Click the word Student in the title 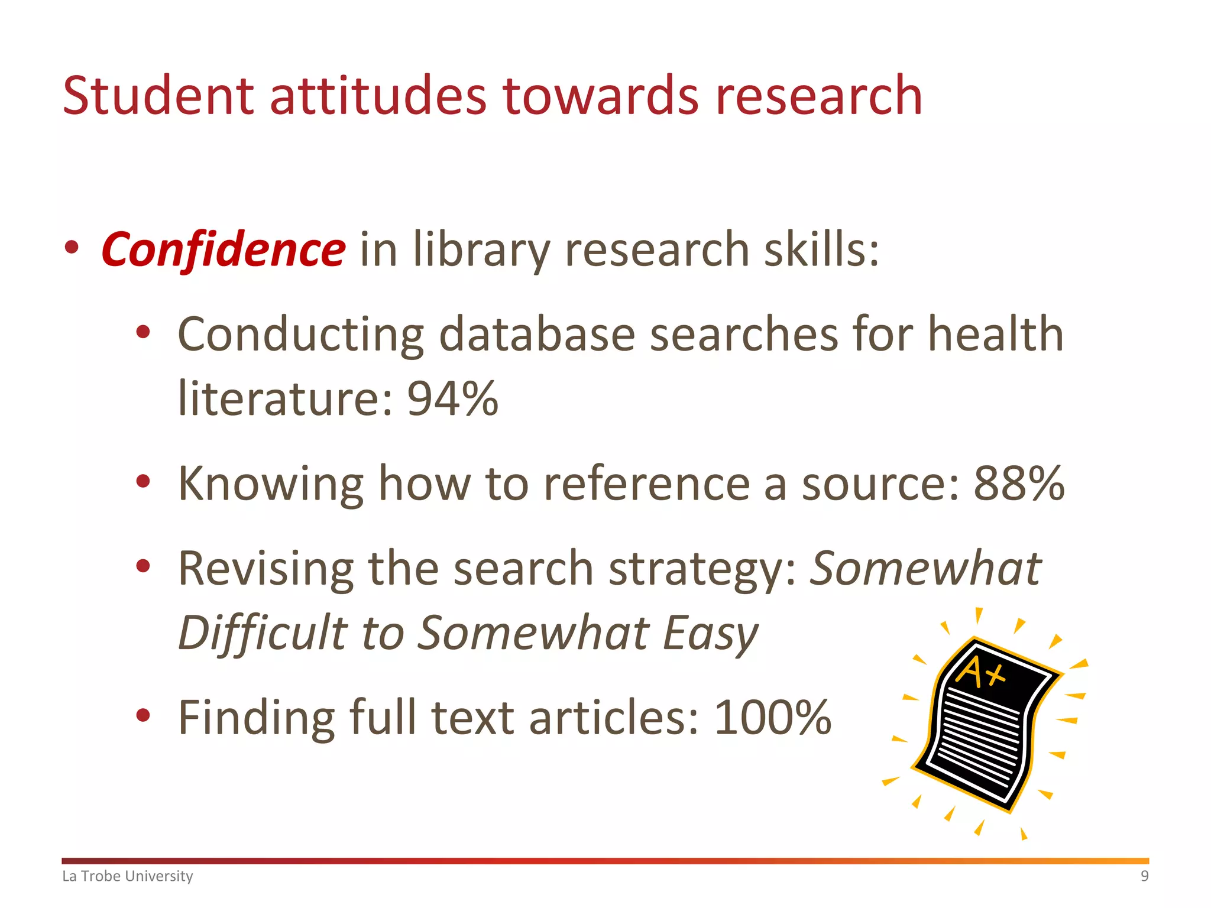pyautogui.click(x=158, y=96)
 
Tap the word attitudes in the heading pyautogui.click(x=378, y=96)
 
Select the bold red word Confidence pyautogui.click(x=223, y=249)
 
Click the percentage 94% pyautogui.click(x=452, y=398)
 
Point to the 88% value pyautogui.click(x=1019, y=484)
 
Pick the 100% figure pyautogui.click(x=772, y=717)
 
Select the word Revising pyautogui.click(x=265, y=569)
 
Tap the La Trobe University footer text pyautogui.click(x=128, y=876)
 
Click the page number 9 pyautogui.click(x=1144, y=876)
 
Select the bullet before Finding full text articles pyautogui.click(x=143, y=716)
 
